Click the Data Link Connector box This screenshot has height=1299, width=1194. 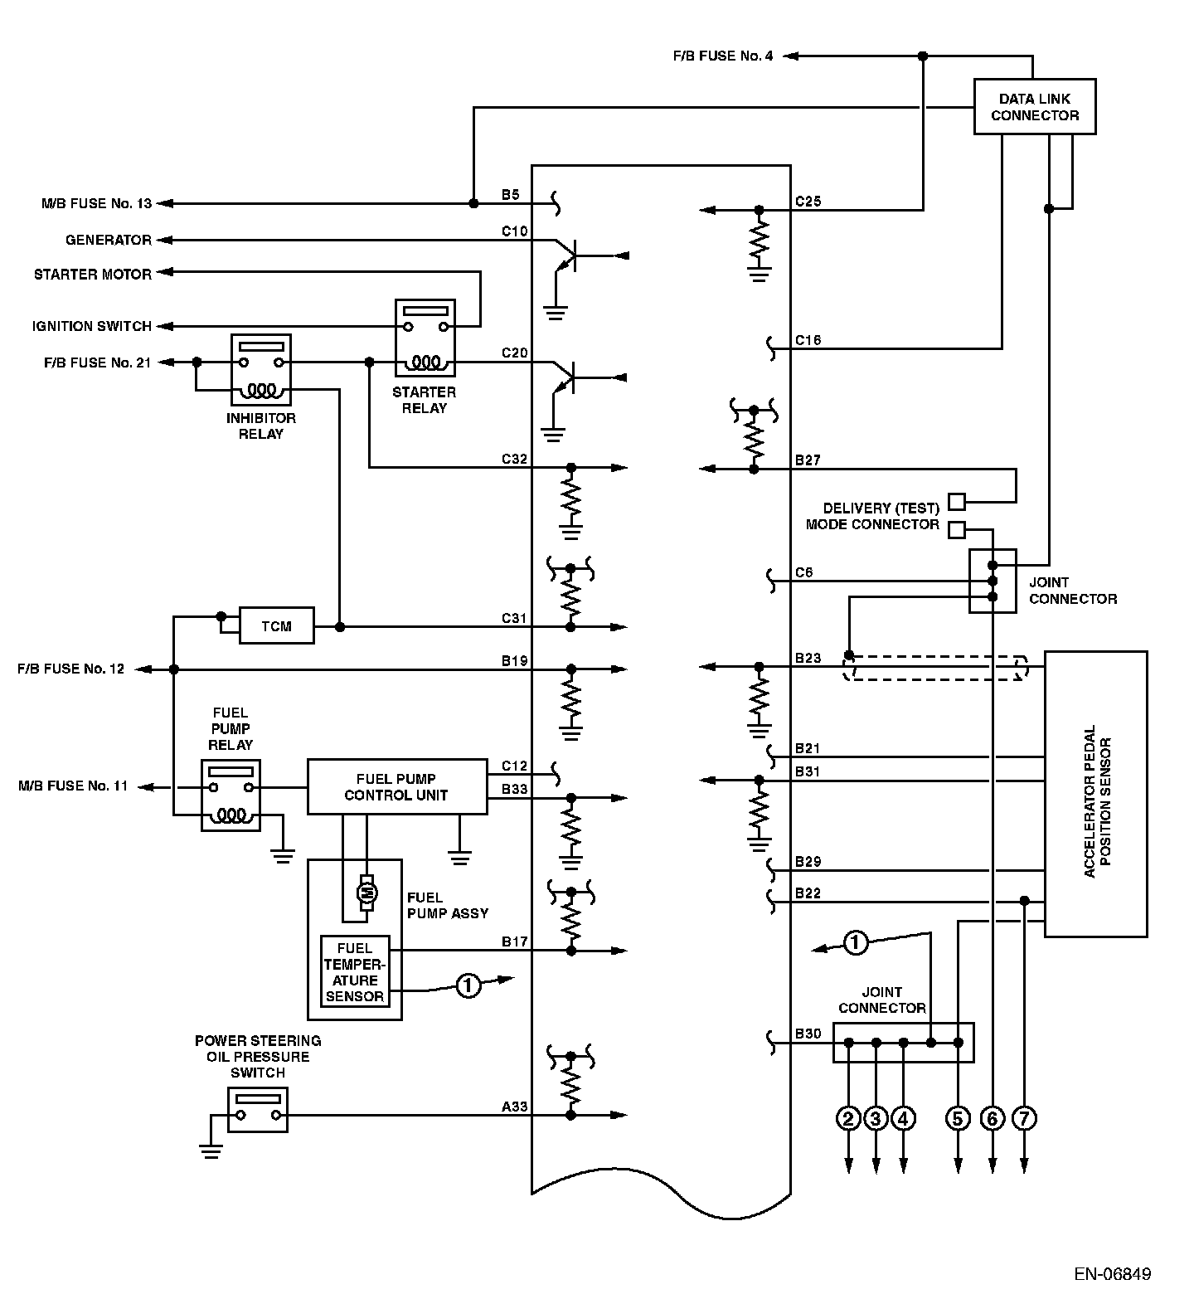[1034, 106]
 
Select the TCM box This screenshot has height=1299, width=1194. [276, 625]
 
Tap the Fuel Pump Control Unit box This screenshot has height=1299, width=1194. [396, 786]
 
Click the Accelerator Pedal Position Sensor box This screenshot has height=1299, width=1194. [1094, 794]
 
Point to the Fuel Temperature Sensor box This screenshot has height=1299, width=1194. [354, 971]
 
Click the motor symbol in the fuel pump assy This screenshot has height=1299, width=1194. [366, 892]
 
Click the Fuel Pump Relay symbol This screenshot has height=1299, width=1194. [231, 795]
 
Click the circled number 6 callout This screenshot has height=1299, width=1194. [992, 1118]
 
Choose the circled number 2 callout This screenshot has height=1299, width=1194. [848, 1118]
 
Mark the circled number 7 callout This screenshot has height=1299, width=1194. [1025, 1118]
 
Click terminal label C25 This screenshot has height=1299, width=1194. [808, 201]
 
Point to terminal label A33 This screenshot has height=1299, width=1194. [514, 1107]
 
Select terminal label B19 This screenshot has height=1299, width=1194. [514, 661]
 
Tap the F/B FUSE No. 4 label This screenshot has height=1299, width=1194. [723, 56]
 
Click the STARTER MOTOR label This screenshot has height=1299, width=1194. [93, 274]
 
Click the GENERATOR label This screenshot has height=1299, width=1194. [109, 240]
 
